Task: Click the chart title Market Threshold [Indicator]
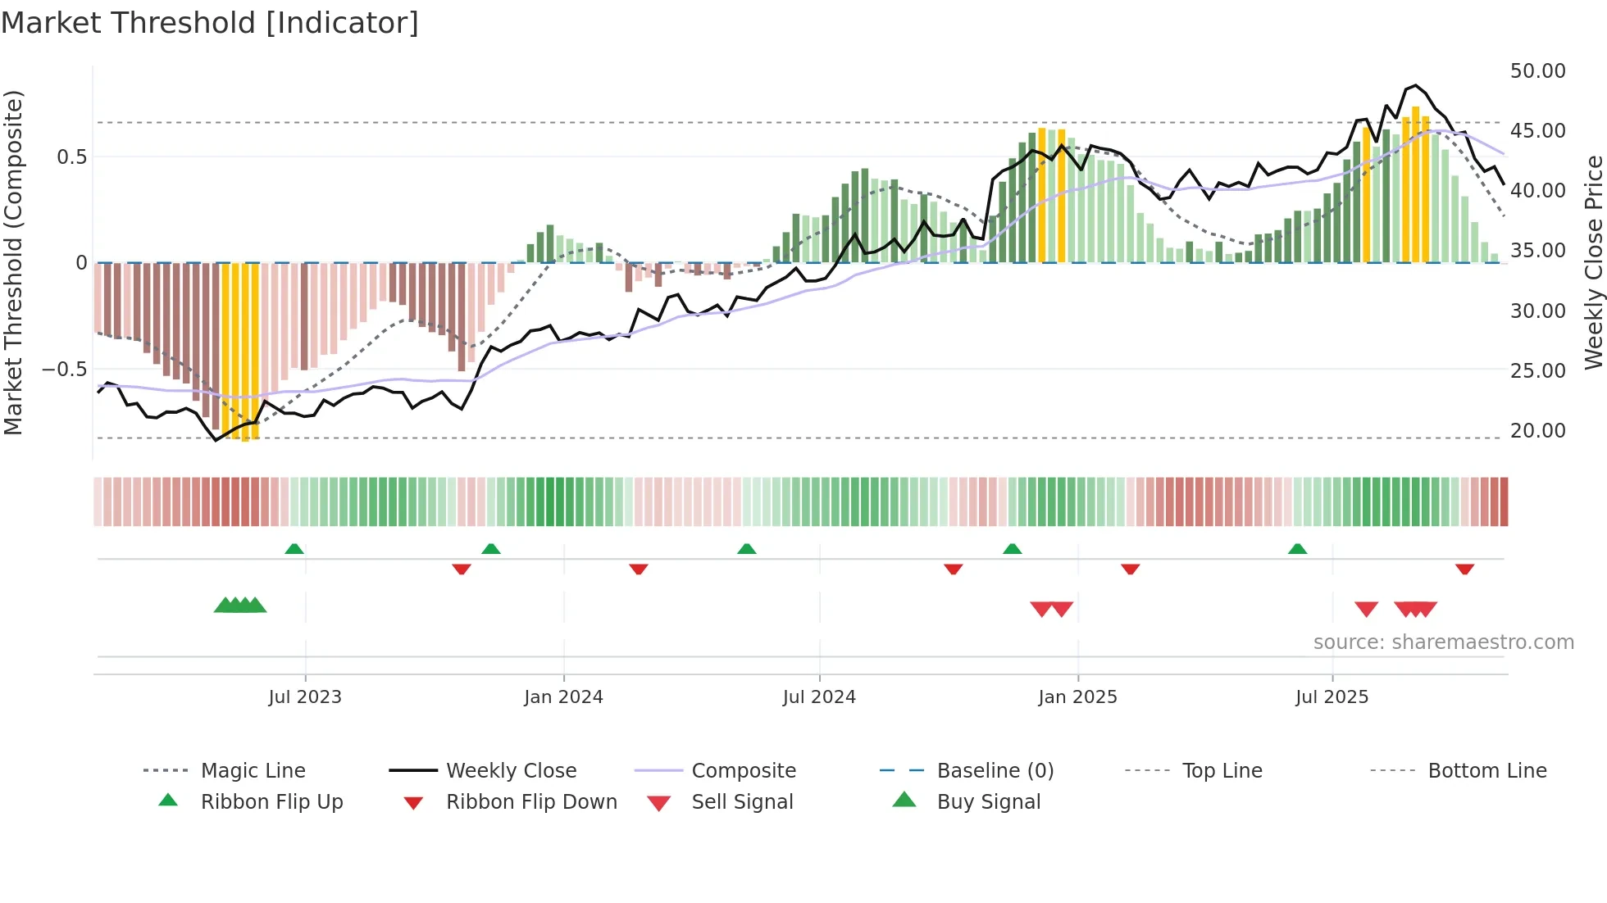pyautogui.click(x=210, y=23)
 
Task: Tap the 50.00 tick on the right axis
pyautogui.click(x=1537, y=71)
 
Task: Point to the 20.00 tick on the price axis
pyautogui.click(x=1537, y=431)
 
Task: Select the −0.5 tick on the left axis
pyautogui.click(x=65, y=370)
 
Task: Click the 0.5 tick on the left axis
pyautogui.click(x=71, y=157)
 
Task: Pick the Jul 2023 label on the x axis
pyautogui.click(x=305, y=697)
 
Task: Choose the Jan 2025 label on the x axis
pyautogui.click(x=1077, y=697)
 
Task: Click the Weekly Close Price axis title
pyautogui.click(x=1593, y=262)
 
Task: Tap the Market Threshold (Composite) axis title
pyautogui.click(x=13, y=262)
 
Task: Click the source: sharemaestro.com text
pyautogui.click(x=1443, y=642)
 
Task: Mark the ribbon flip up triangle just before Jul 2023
pyautogui.click(x=294, y=549)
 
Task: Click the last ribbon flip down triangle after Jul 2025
pyautogui.click(x=1464, y=569)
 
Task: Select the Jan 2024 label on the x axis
pyautogui.click(x=563, y=697)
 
